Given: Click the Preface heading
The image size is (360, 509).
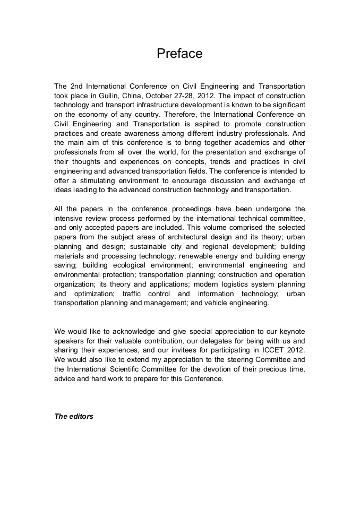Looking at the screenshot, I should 179,54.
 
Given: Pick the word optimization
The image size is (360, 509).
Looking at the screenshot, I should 92,294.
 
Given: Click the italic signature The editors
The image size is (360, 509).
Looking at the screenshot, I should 74,416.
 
